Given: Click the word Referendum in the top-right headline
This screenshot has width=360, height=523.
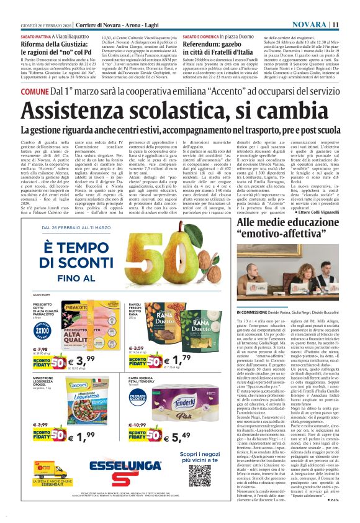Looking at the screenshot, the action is tap(206, 46).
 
